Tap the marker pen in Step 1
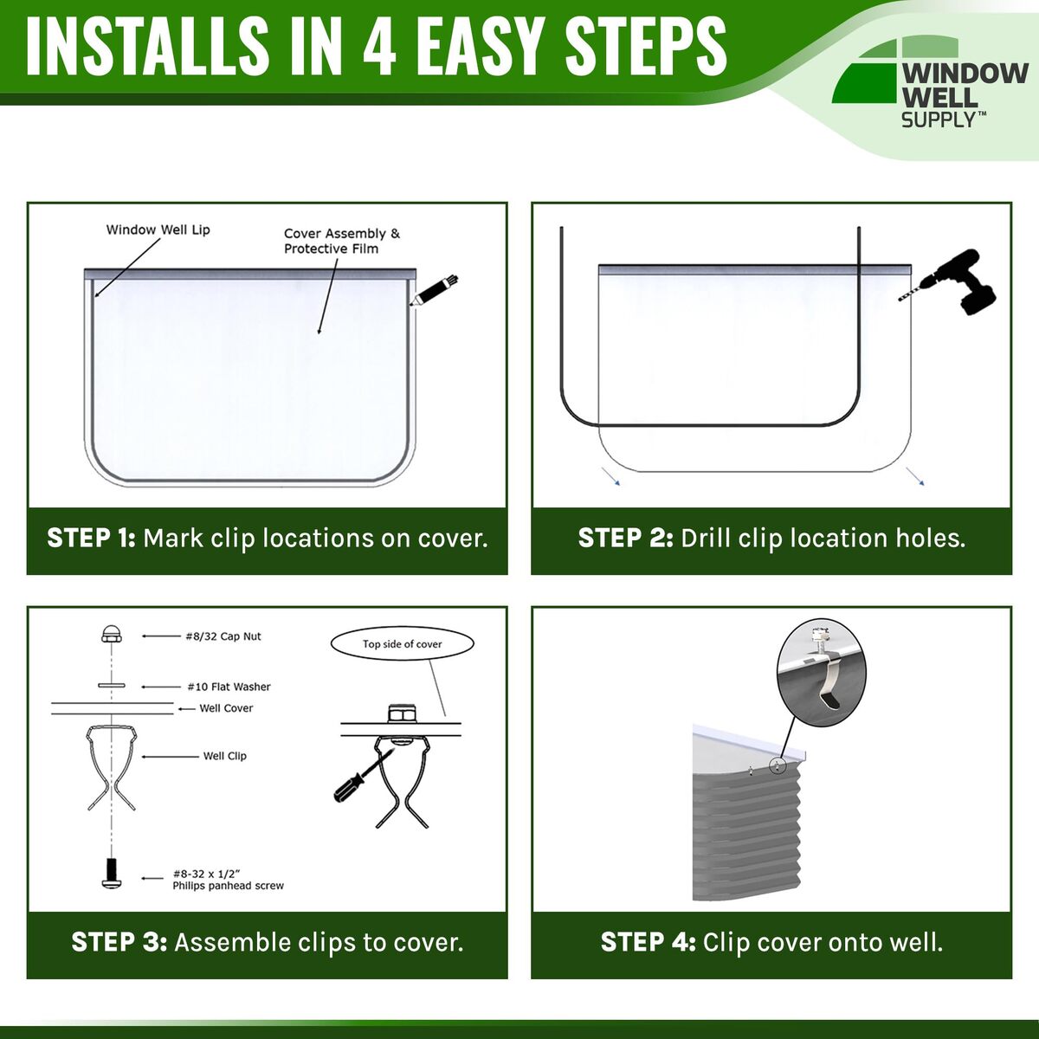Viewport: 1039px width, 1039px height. (x=434, y=291)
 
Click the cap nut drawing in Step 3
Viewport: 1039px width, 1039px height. (x=111, y=634)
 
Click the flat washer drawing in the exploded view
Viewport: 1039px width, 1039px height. (x=112, y=685)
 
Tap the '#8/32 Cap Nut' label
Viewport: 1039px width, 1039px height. (x=223, y=636)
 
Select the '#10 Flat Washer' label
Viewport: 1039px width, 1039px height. (x=229, y=687)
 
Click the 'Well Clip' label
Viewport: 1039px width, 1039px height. (x=224, y=756)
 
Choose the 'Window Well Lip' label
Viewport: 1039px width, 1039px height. (x=158, y=229)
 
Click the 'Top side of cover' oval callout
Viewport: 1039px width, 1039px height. (x=403, y=644)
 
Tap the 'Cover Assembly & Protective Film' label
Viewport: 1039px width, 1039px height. (x=342, y=241)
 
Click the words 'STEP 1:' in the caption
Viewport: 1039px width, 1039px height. (x=91, y=538)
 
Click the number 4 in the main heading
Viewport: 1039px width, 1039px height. (x=379, y=47)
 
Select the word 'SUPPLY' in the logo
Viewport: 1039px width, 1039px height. (x=939, y=119)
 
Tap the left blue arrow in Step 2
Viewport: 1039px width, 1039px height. (x=611, y=476)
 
